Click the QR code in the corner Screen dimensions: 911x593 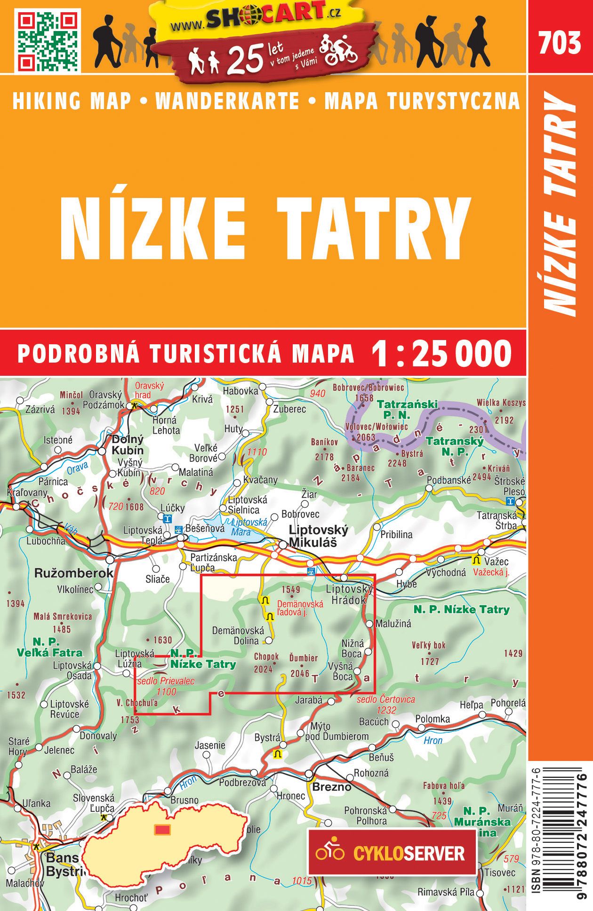pyautogui.click(x=48, y=40)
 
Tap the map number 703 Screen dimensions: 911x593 pyautogui.click(x=560, y=43)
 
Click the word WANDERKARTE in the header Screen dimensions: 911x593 pyautogui.click(x=227, y=101)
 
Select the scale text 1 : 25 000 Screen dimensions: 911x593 pyautogui.click(x=441, y=353)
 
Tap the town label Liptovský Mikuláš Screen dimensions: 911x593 pyautogui.click(x=319, y=536)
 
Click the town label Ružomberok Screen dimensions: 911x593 pyautogui.click(x=74, y=573)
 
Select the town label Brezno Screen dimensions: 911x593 pyautogui.click(x=332, y=787)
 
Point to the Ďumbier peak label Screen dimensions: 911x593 pyautogui.click(x=303, y=658)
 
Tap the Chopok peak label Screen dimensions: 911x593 pyautogui.click(x=266, y=657)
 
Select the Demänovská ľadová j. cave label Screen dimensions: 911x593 pyautogui.click(x=300, y=608)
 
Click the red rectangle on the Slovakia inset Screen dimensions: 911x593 pyautogui.click(x=163, y=829)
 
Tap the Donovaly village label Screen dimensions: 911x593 pyautogui.click(x=98, y=736)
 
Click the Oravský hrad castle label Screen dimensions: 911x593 pyautogui.click(x=149, y=390)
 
